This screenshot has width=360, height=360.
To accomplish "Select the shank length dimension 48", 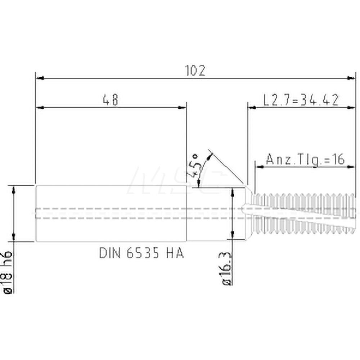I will pyautogui.click(x=110, y=100).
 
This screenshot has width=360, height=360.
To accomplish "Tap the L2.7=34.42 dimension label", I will pyautogui.click(x=301, y=100).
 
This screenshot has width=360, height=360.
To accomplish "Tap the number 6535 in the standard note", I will pyautogui.click(x=143, y=253).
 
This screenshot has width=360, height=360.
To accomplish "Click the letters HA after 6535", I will pyautogui.click(x=175, y=253).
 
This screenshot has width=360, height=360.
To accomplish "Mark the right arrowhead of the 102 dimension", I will pyautogui.click(x=351, y=78).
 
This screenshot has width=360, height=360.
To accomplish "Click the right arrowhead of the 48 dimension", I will pyautogui.click(x=183, y=107).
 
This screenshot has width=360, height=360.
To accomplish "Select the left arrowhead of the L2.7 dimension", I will pyautogui.click(x=252, y=107).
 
